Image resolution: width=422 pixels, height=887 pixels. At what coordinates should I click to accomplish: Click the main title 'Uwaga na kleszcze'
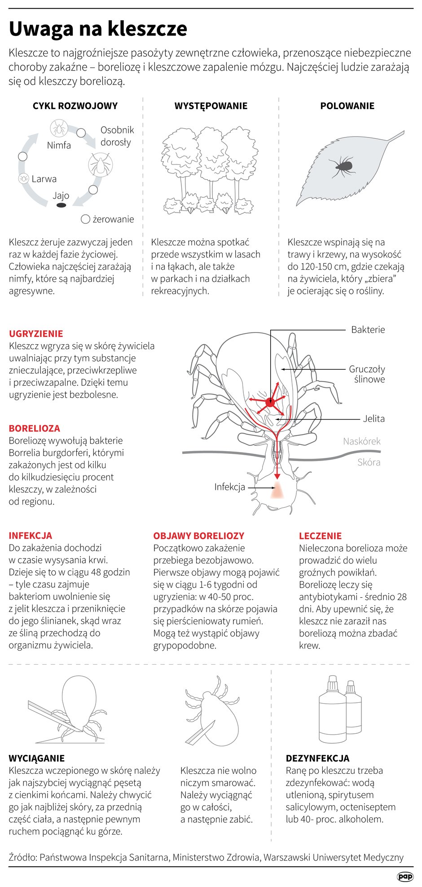pyautogui.click(x=98, y=29)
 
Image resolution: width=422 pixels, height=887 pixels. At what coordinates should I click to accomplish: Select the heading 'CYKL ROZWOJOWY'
pyautogui.click(x=75, y=106)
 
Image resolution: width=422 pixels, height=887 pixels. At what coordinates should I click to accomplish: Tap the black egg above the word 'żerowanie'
pyautogui.click(x=61, y=205)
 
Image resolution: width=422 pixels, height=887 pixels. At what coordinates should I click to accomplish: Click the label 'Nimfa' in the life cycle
pyautogui.click(x=59, y=145)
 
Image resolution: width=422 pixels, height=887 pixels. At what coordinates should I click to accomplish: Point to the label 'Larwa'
pyautogui.click(x=44, y=179)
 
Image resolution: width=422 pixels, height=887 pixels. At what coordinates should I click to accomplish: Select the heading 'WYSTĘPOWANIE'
pyautogui.click(x=211, y=106)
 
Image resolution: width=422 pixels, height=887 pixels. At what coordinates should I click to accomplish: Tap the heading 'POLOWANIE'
pyautogui.click(x=347, y=106)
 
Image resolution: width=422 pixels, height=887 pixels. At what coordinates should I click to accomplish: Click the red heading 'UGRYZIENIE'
pyautogui.click(x=36, y=334)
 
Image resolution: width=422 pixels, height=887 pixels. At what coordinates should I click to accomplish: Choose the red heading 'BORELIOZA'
pyautogui.click(x=34, y=429)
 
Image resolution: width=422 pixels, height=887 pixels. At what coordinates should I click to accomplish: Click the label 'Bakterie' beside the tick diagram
pyautogui.click(x=368, y=330)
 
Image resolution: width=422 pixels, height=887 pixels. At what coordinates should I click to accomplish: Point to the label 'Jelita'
pyautogui.click(x=374, y=419)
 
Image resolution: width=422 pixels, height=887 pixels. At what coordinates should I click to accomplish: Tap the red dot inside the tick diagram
pyautogui.click(x=270, y=402)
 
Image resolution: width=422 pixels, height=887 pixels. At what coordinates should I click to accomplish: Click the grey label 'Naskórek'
pyautogui.click(x=361, y=441)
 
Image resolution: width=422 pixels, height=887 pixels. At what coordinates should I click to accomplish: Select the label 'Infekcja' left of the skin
pyautogui.click(x=229, y=487)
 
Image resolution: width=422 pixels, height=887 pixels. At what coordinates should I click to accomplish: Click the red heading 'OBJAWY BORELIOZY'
pyautogui.click(x=198, y=536)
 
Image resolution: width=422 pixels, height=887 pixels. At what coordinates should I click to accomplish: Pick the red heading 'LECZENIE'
pyautogui.click(x=320, y=536)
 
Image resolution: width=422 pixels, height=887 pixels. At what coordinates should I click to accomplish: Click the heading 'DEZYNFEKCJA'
pyautogui.click(x=317, y=758)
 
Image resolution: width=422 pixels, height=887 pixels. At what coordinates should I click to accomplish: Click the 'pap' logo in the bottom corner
pyautogui.click(x=404, y=876)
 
